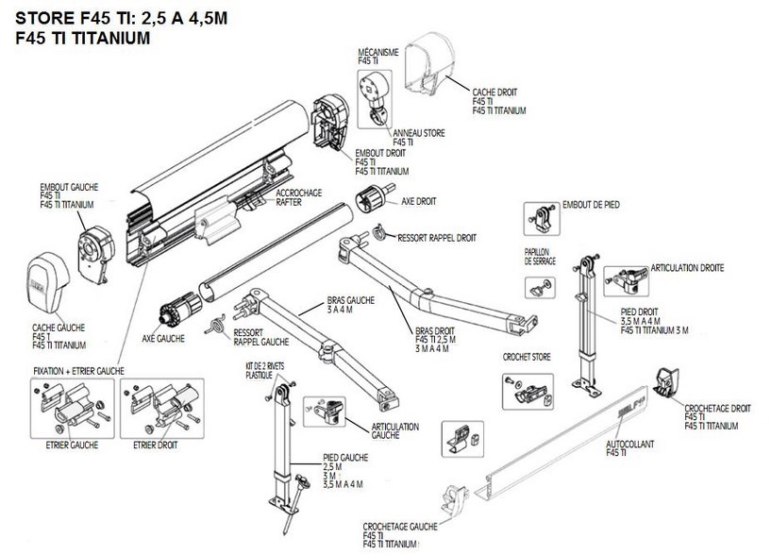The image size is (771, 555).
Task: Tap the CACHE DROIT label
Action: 494,92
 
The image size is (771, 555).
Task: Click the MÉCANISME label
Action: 377,52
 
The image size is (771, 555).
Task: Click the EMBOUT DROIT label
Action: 381,153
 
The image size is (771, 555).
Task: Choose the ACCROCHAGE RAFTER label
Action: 295,196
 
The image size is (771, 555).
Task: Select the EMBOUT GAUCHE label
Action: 68,188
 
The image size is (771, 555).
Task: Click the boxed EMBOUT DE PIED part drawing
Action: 538,220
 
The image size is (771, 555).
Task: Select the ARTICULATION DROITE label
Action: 686,269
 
